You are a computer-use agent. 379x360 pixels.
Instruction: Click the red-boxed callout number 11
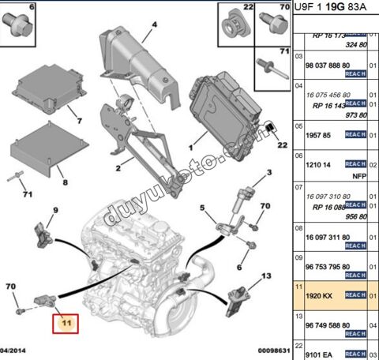pyautogui.click(x=66, y=323)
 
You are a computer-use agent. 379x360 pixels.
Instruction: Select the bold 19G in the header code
pyautogui.click(x=337, y=7)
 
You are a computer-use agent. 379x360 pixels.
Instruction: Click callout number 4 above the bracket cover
pyautogui.click(x=154, y=24)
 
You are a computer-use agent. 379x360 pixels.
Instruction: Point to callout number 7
pyautogui.click(x=78, y=122)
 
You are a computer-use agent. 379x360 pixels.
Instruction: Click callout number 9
pyautogui.click(x=56, y=210)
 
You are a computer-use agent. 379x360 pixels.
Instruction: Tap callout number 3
pyautogui.click(x=268, y=172)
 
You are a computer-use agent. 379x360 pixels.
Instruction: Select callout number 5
pyautogui.click(x=201, y=208)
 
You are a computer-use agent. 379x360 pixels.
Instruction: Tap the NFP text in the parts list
pyautogui.click(x=356, y=177)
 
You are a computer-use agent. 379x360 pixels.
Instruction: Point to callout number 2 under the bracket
pyautogui.click(x=117, y=168)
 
